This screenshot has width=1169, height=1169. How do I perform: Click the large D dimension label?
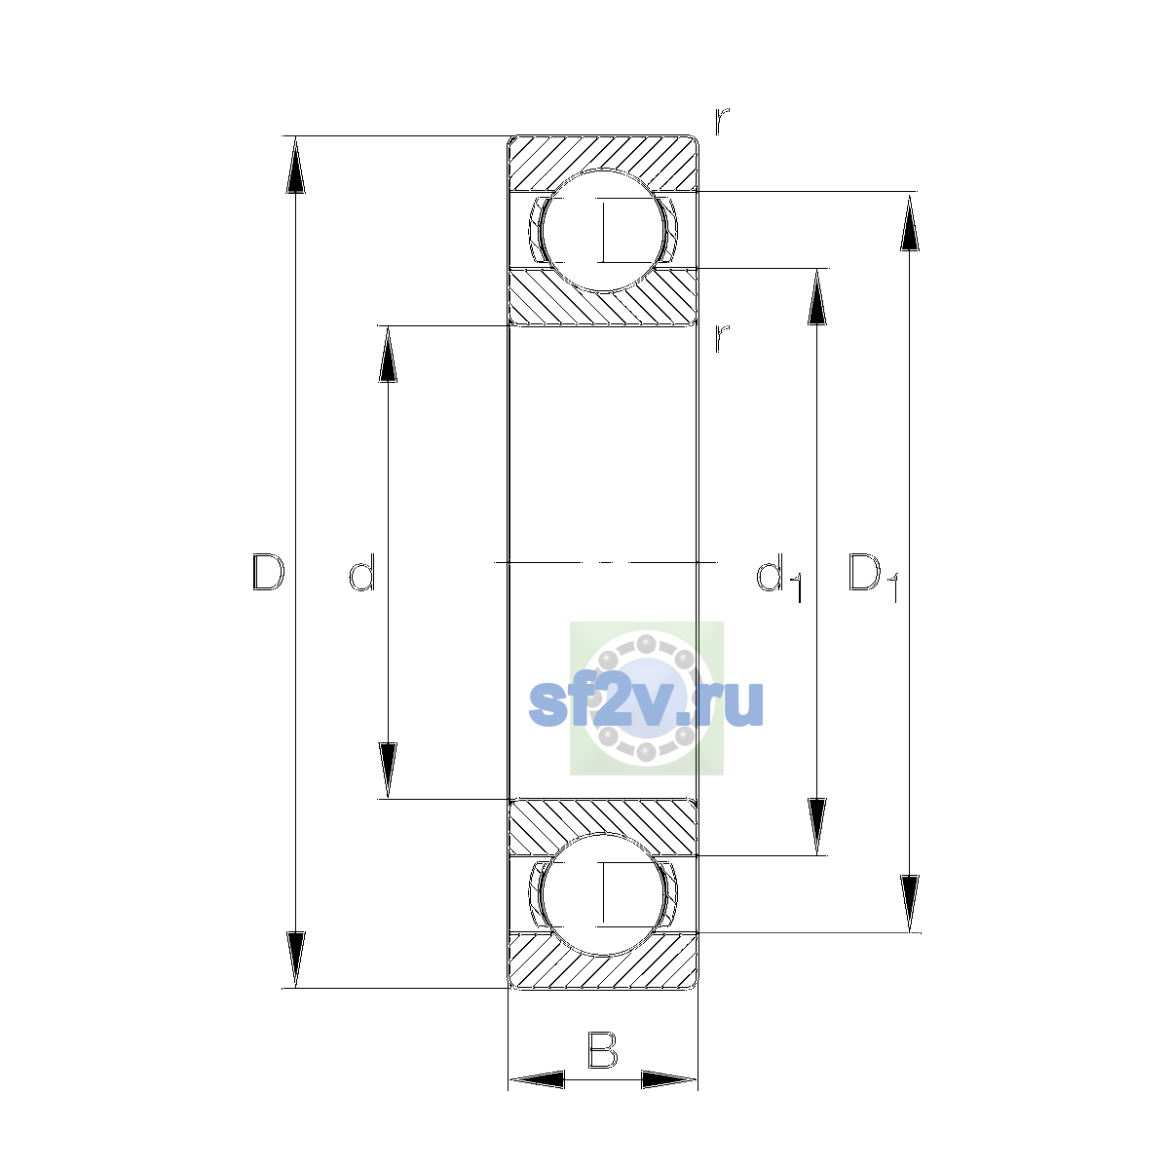[268, 572]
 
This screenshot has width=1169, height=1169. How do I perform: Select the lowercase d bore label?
[362, 572]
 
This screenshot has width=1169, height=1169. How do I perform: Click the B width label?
[602, 1049]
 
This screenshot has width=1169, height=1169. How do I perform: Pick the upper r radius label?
[721, 121]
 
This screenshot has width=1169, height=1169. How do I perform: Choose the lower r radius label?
[721, 338]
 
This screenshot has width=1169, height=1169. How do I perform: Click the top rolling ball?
[602, 231]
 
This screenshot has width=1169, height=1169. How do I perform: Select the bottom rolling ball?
[602, 894]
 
